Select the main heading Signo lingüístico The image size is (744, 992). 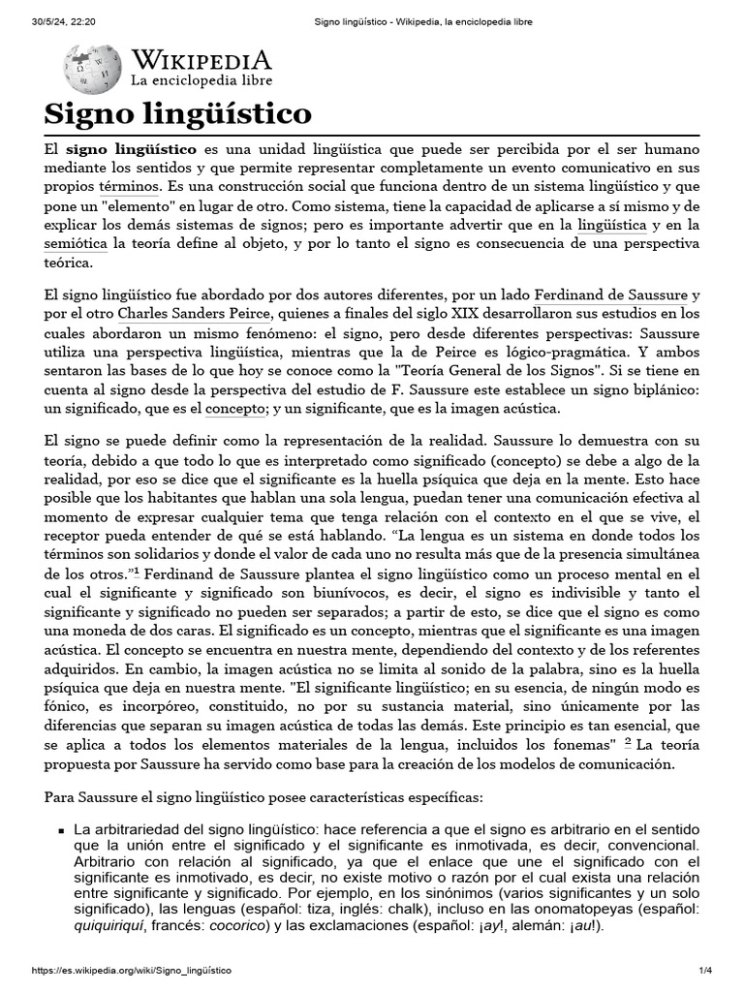(178, 115)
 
